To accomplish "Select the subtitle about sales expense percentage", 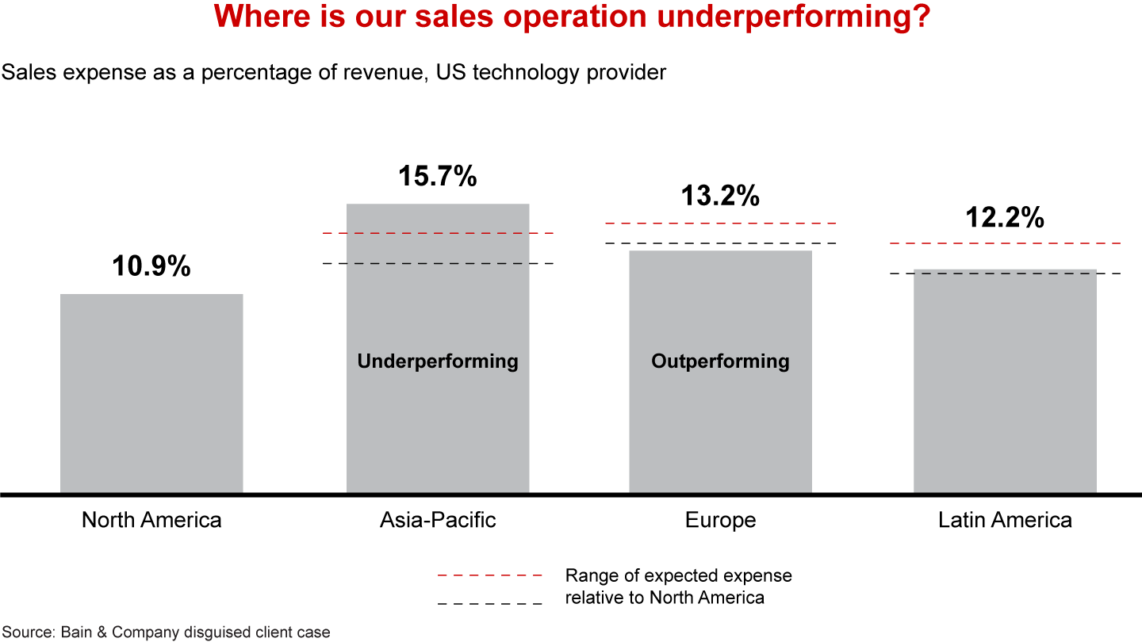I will tap(333, 72).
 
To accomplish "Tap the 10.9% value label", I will tap(151, 266).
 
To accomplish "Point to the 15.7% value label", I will tap(438, 176).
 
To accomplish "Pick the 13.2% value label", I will tap(720, 195).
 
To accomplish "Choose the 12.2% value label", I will tap(1005, 216).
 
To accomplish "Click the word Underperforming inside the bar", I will tap(438, 361).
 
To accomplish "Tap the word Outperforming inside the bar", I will tap(720, 361).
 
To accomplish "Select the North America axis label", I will tap(151, 520).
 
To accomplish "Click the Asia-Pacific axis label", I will tap(438, 520).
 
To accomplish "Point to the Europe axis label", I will tap(720, 520).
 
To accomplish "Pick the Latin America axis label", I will tap(1005, 520).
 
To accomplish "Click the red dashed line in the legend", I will tap(489, 575).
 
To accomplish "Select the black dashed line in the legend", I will tap(489, 604).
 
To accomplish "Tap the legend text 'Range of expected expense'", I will tap(678, 575).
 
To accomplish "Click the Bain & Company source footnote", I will tap(165, 632).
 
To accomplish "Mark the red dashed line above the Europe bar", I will tap(720, 224).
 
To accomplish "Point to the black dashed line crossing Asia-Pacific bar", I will tap(438, 263).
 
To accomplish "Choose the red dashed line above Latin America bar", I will tap(1005, 243).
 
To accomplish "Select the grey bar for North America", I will tap(151, 392).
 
